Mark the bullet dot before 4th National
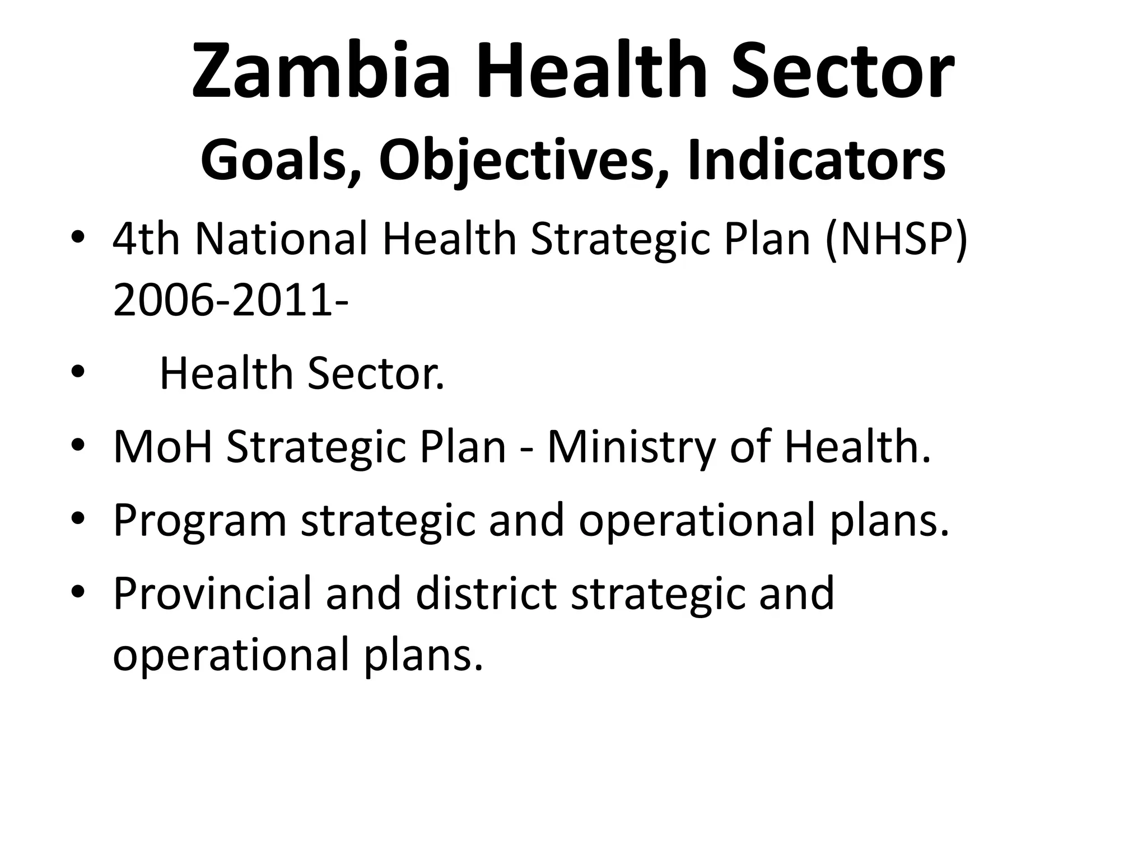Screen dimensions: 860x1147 [78, 237]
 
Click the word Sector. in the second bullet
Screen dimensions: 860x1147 [376, 373]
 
